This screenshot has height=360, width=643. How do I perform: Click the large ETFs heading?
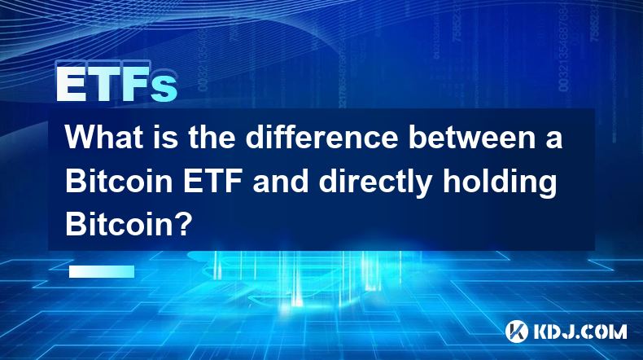tap(116, 84)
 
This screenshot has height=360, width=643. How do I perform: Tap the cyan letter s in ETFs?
tap(164, 89)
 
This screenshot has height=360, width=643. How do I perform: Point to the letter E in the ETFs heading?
tap(72, 84)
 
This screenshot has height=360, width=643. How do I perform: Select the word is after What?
tap(166, 137)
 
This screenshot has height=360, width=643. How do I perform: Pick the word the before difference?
tap(212, 137)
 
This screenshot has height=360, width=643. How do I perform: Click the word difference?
tap(322, 137)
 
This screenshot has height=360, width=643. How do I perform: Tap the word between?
tap(472, 137)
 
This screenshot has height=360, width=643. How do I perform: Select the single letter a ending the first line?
tap(554, 140)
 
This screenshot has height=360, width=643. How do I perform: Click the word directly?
tap(374, 184)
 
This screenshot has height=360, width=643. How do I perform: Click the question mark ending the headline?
tap(183, 225)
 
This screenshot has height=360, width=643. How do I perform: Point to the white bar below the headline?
tap(102, 271)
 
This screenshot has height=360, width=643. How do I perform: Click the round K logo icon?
tap(517, 331)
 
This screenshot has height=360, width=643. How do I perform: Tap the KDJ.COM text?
tap(580, 331)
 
